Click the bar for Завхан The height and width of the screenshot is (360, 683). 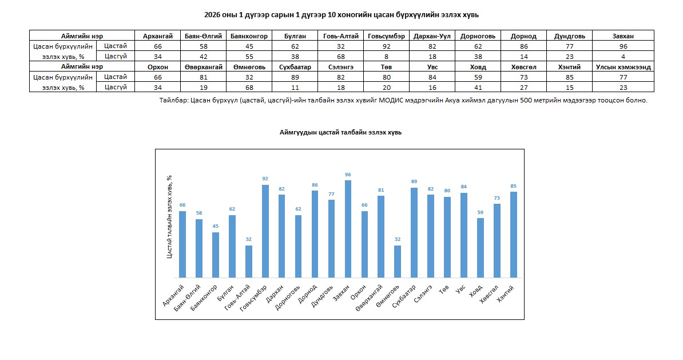pos(348,229)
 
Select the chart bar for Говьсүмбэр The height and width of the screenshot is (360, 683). pos(265,231)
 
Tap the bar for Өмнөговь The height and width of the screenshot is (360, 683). pos(398,262)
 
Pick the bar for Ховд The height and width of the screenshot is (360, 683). pos(481,248)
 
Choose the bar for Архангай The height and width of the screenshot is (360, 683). pos(182,244)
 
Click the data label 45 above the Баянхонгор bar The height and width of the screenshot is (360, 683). pos(216,226)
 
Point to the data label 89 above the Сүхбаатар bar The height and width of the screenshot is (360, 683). pos(414,181)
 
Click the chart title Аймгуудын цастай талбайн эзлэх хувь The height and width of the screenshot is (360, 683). pos(340,132)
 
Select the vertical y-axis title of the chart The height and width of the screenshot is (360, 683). pos(169,217)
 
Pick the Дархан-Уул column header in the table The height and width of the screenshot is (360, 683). pos(432,36)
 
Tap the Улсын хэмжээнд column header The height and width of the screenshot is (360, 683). pos(623,67)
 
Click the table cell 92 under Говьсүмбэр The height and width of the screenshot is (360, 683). pos(386,46)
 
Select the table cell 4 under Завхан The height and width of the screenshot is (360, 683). pos(623,56)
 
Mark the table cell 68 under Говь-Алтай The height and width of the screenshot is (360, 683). pos(340,56)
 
